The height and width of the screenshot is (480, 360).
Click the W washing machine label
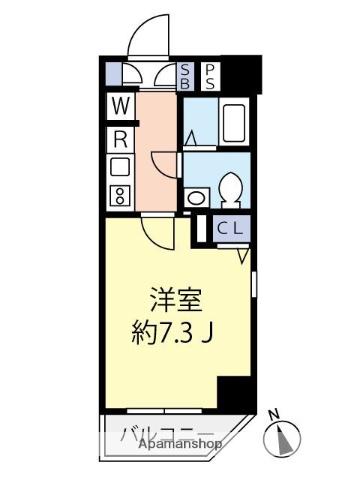click(118, 105)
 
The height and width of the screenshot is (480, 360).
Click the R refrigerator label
click(118, 139)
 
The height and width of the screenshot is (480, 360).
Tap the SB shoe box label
click(187, 75)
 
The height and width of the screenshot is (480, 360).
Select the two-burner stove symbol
click(119, 194)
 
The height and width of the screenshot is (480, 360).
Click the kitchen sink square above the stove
click(118, 166)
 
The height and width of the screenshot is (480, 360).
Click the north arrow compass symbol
click(283, 437)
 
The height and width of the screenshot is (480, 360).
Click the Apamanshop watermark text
click(180, 444)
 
